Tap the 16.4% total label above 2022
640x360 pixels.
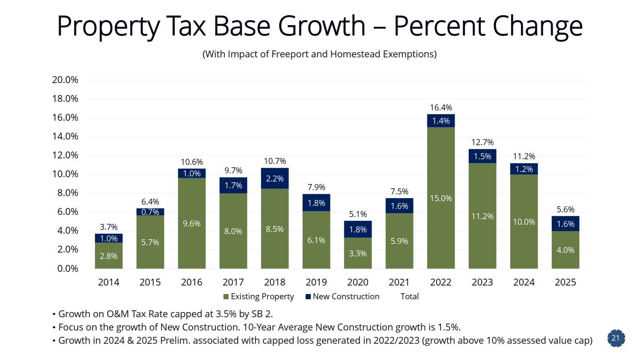tap(441, 108)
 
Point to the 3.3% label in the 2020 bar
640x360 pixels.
tap(358, 254)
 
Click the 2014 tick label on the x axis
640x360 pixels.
tap(109, 283)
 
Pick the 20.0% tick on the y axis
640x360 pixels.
tap(65, 80)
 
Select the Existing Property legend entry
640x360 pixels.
tap(259, 297)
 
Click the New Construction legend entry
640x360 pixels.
tap(342, 297)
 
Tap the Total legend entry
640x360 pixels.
tap(409, 297)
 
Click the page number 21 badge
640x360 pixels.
tap(616, 338)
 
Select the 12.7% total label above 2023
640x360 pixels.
tap(482, 143)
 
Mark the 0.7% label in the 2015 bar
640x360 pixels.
tap(150, 212)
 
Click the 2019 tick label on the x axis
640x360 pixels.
tap(316, 283)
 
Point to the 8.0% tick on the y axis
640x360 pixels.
tap(65, 193)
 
